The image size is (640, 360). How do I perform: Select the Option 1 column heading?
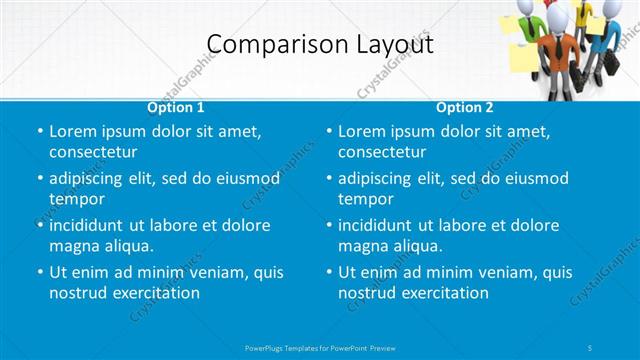pyautogui.click(x=176, y=107)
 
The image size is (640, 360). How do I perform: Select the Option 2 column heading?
pyautogui.click(x=465, y=107)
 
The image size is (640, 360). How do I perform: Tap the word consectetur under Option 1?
pyautogui.click(x=93, y=152)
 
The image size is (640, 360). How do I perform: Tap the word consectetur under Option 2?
pyautogui.click(x=382, y=152)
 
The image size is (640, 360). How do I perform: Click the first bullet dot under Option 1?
pyautogui.click(x=40, y=131)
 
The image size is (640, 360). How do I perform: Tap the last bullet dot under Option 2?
pyautogui.click(x=329, y=272)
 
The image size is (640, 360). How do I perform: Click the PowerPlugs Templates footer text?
pyautogui.click(x=320, y=346)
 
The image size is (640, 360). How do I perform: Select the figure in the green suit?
pyautogui.click(x=533, y=30)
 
